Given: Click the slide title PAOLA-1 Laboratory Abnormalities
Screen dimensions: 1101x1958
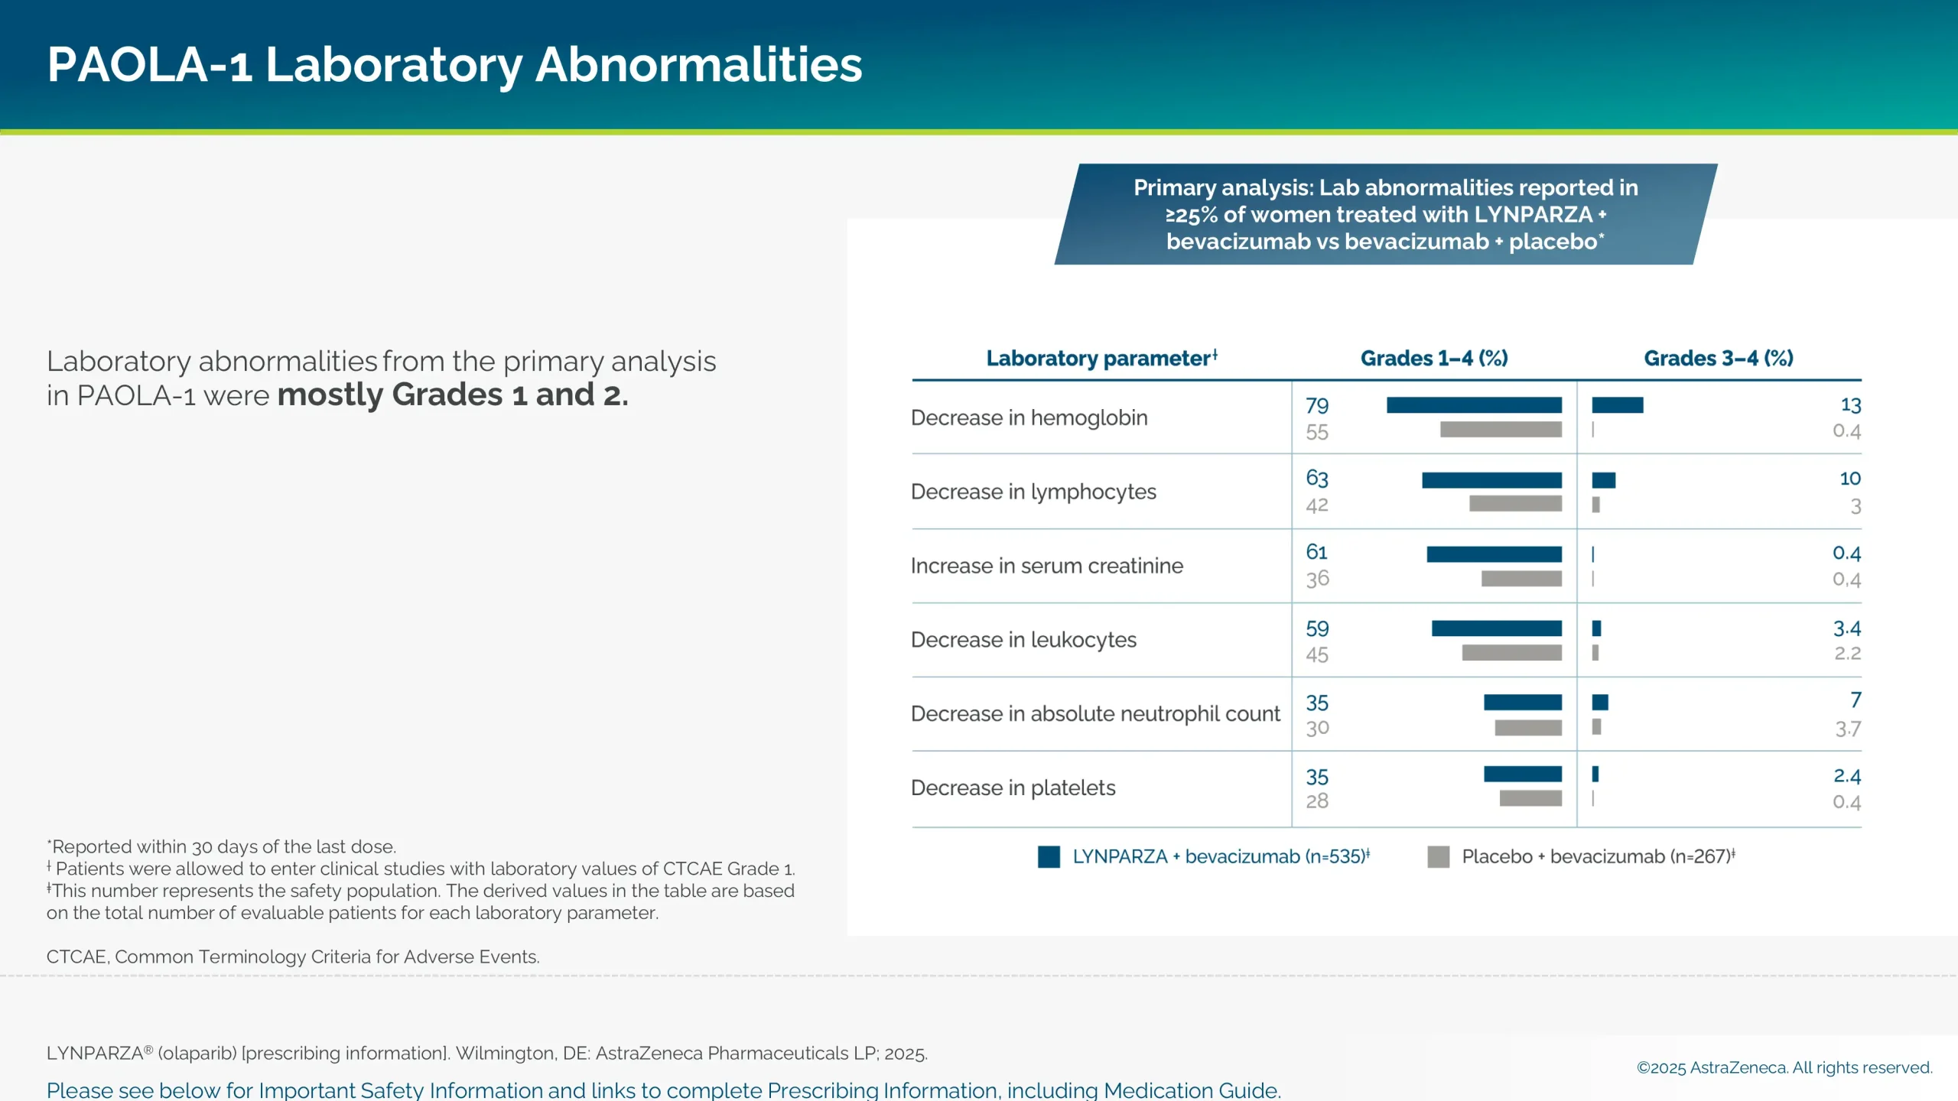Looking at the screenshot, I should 454,64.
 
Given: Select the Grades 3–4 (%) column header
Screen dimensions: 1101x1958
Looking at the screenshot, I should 1718,359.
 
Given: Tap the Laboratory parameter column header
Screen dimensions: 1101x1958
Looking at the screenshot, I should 1101,359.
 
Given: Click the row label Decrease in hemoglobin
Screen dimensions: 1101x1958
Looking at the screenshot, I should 1029,418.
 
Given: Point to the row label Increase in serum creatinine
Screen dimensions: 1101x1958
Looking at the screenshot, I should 1046,566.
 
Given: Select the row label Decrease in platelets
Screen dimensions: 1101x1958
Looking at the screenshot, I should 1013,788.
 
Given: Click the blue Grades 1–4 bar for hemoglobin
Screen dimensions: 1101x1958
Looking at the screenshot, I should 1473,405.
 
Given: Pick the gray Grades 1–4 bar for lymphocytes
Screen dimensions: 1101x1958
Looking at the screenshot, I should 1514,504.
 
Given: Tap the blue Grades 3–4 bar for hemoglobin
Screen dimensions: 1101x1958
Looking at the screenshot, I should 1617,405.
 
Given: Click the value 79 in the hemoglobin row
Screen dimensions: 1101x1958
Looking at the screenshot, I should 1316,406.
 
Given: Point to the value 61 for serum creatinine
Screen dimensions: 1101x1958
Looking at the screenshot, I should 1316,552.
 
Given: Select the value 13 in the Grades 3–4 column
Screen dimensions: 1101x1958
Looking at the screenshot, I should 1849,405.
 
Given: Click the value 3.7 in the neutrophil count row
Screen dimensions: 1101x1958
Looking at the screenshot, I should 1847,729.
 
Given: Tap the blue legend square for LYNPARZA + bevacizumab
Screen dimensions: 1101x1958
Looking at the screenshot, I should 1049,857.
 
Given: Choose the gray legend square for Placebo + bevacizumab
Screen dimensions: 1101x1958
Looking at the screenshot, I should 1438,857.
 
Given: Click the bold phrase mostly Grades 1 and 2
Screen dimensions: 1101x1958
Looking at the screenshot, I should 452,395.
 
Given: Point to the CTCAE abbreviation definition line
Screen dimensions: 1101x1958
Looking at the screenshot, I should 293,957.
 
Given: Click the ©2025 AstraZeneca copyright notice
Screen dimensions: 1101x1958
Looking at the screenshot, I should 1784,1068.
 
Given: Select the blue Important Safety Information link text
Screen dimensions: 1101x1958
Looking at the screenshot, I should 662,1090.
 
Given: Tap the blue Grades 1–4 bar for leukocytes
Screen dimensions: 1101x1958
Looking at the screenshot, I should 1496,628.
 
